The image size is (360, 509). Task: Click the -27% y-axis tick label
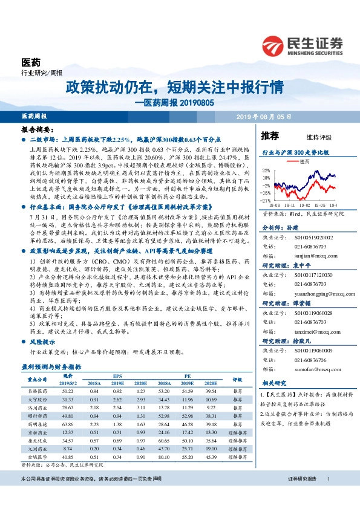pos(266,200)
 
